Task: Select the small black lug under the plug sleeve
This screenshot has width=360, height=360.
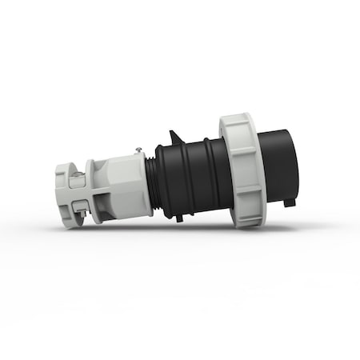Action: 286,202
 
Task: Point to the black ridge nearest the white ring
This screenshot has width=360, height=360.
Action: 214,172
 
